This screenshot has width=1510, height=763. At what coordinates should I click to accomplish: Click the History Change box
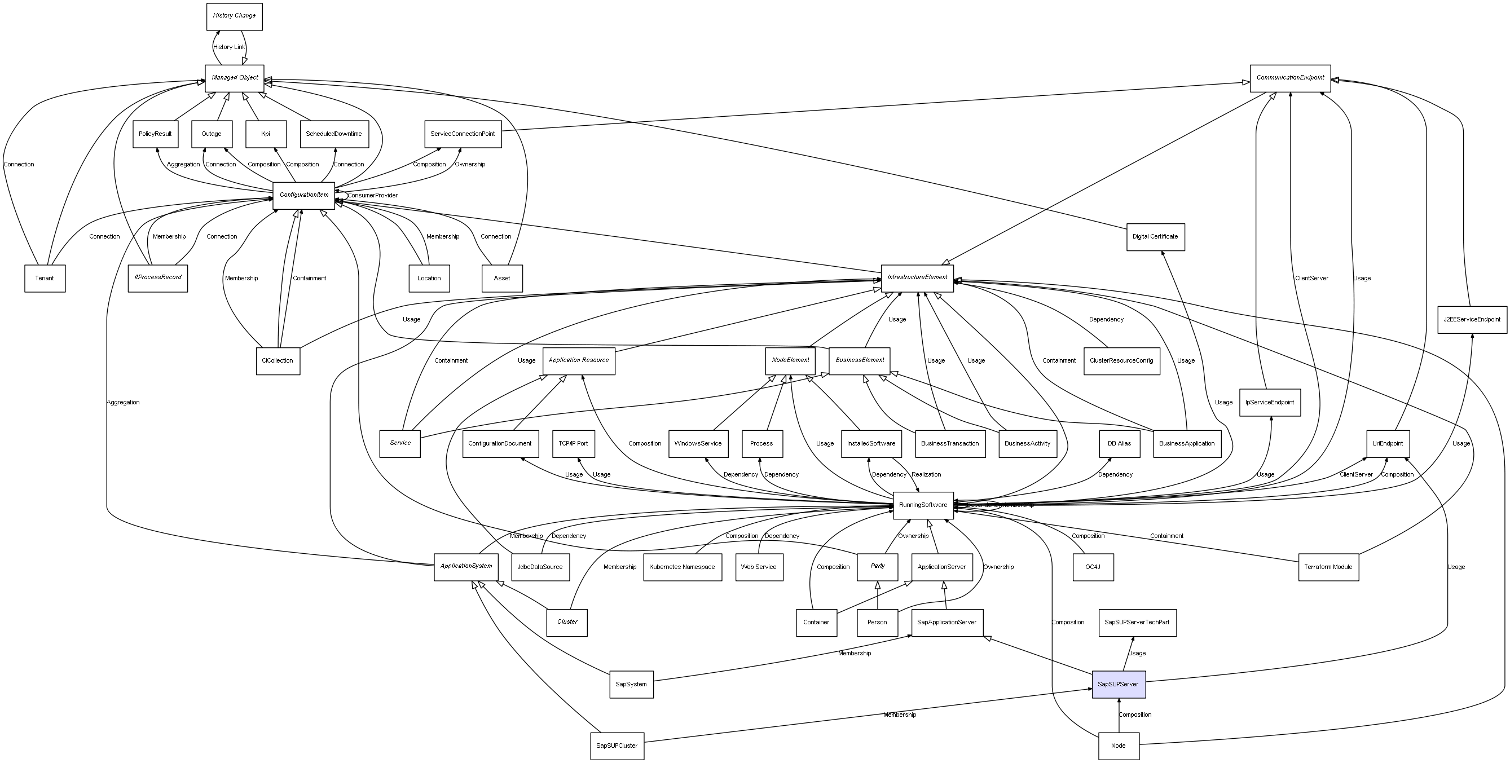click(234, 16)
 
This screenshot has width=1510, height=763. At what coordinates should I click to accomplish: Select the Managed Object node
click(235, 78)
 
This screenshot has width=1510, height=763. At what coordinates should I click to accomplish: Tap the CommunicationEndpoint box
click(1290, 78)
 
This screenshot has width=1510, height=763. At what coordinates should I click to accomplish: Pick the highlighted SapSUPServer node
click(1118, 684)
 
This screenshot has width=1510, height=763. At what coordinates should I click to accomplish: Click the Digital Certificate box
click(1155, 237)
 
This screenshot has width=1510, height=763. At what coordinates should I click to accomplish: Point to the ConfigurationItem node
click(303, 195)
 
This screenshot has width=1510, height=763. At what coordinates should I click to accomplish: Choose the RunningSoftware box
click(923, 505)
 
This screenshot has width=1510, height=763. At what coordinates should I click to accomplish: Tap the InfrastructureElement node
click(917, 278)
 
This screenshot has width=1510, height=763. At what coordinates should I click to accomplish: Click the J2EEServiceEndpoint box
click(1471, 319)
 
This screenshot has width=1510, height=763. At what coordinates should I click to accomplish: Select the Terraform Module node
click(1328, 567)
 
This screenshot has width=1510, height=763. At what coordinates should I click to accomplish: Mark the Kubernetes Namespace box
click(682, 567)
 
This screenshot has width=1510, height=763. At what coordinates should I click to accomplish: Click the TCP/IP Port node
click(573, 444)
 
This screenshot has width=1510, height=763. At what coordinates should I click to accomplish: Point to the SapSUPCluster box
click(617, 746)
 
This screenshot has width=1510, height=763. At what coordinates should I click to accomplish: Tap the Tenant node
click(45, 279)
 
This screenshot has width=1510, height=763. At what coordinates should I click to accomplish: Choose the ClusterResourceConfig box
click(1121, 361)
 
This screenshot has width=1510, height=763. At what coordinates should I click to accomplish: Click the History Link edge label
click(229, 47)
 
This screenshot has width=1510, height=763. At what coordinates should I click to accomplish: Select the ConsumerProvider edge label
click(372, 195)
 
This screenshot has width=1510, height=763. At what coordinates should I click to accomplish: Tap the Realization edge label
click(926, 475)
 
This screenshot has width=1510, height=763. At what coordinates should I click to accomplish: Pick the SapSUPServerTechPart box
click(1137, 623)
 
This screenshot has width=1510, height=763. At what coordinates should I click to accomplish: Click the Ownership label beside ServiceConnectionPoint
click(469, 165)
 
